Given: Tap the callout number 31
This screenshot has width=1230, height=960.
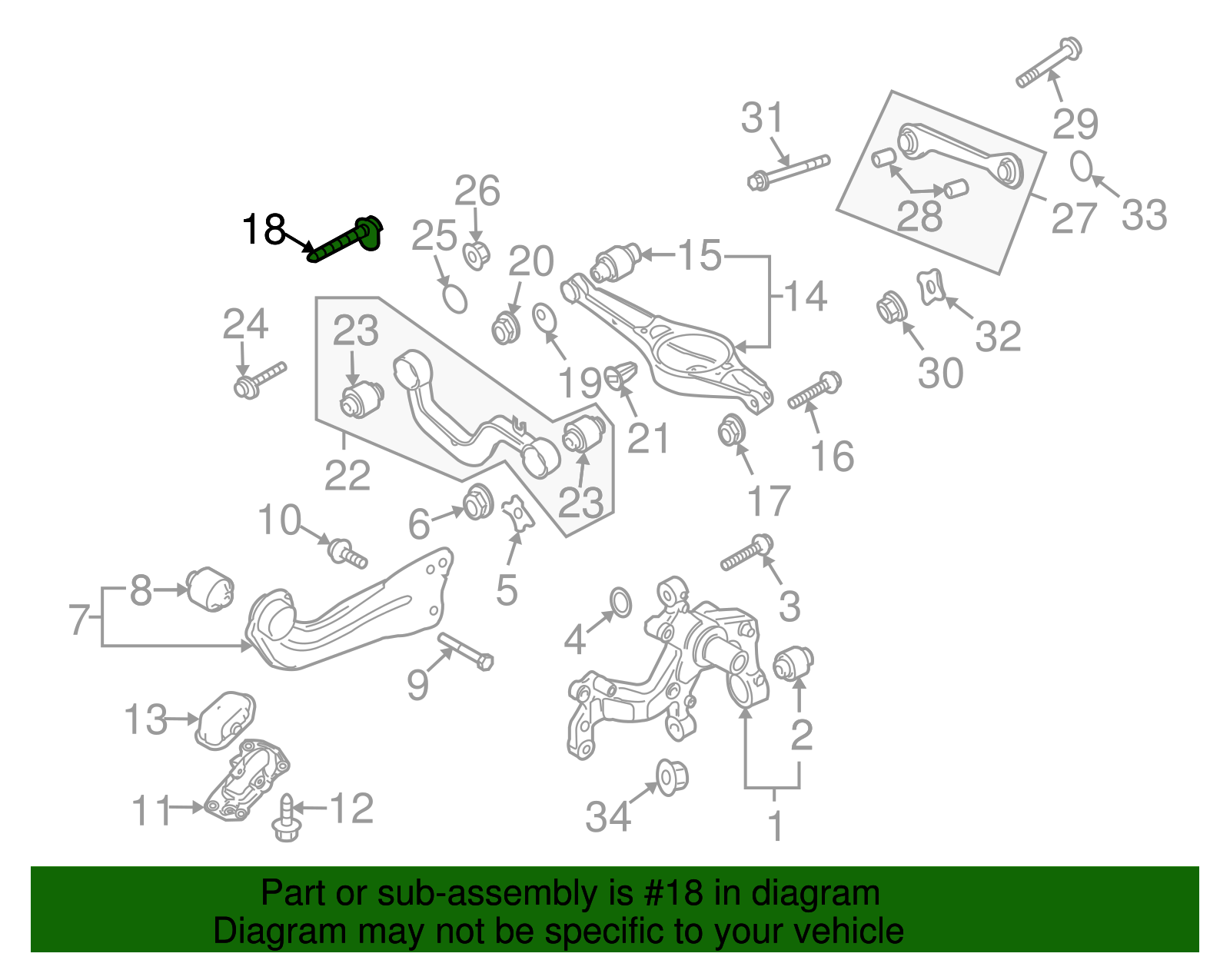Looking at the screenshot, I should [x=762, y=119].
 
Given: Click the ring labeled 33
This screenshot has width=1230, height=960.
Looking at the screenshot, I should [x=1082, y=166].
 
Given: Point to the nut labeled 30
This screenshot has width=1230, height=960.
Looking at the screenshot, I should [x=892, y=307].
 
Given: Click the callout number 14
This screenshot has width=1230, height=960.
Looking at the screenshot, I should [x=804, y=296].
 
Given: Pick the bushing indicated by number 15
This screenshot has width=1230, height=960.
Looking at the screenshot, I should [x=616, y=262].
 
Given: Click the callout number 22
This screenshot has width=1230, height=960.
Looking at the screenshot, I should [x=347, y=476].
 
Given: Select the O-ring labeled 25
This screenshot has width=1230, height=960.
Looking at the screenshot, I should [x=455, y=299].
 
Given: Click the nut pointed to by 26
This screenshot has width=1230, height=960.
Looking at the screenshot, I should [x=476, y=254].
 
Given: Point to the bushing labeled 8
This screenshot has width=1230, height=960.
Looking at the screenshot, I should [x=211, y=590].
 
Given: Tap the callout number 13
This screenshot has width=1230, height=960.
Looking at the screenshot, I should [x=145, y=720].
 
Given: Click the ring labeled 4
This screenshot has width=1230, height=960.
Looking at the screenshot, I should [x=620, y=603].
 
